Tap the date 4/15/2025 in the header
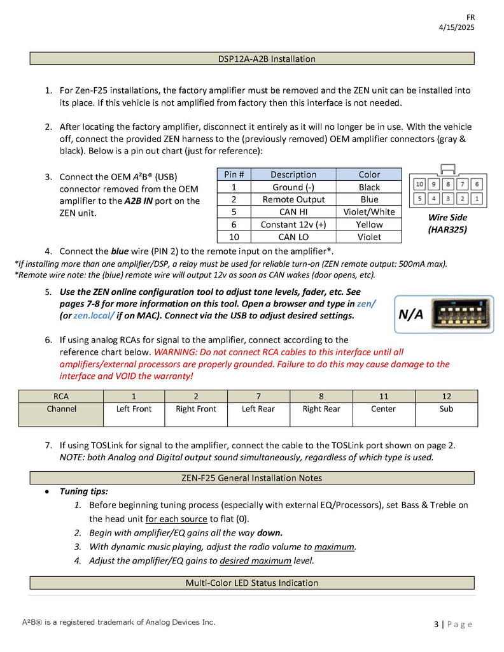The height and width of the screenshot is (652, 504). click(x=456, y=27)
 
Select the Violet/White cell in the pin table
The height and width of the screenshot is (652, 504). click(x=369, y=212)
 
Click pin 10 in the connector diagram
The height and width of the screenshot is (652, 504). click(x=419, y=184)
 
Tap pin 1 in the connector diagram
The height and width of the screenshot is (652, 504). click(x=477, y=199)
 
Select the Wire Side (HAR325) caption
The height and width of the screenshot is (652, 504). click(x=448, y=223)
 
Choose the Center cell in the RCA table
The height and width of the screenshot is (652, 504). click(x=383, y=409)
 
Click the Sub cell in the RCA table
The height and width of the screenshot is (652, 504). click(x=446, y=409)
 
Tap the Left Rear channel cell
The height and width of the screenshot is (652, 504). click(x=258, y=409)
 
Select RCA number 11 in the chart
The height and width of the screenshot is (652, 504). click(x=383, y=396)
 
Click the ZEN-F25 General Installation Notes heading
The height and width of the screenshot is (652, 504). click(x=252, y=478)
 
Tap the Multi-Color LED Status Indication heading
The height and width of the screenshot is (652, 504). click(x=252, y=583)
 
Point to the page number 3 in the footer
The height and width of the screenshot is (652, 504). click(x=437, y=625)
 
